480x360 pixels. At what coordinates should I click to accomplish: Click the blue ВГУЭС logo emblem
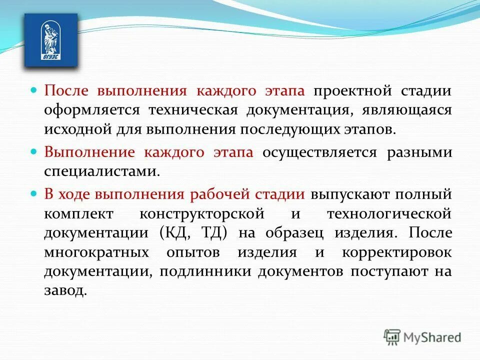51,40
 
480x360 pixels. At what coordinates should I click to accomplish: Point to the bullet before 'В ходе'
34,193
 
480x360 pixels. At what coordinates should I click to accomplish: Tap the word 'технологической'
389,213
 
